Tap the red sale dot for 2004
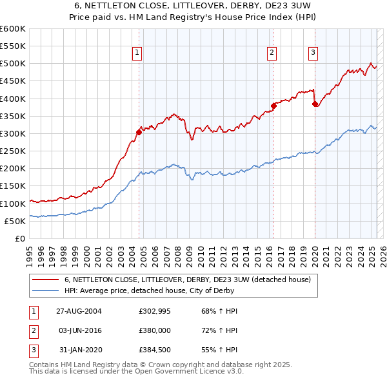(x=139, y=133)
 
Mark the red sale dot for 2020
(x=315, y=104)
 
